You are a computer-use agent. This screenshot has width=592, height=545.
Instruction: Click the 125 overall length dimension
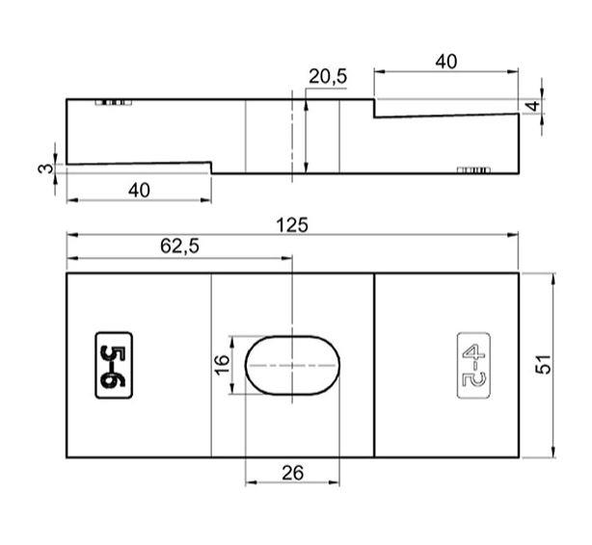[291, 224]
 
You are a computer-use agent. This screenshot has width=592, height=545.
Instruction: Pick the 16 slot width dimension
[221, 364]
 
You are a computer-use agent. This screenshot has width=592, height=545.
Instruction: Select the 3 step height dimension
[42, 168]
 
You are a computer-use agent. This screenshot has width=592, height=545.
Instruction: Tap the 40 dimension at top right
[444, 61]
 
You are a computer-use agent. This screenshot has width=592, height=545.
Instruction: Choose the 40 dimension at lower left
[139, 190]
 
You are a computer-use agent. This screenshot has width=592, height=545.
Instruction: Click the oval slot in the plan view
[292, 365]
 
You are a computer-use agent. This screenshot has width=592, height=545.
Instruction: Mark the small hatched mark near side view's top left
[112, 102]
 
